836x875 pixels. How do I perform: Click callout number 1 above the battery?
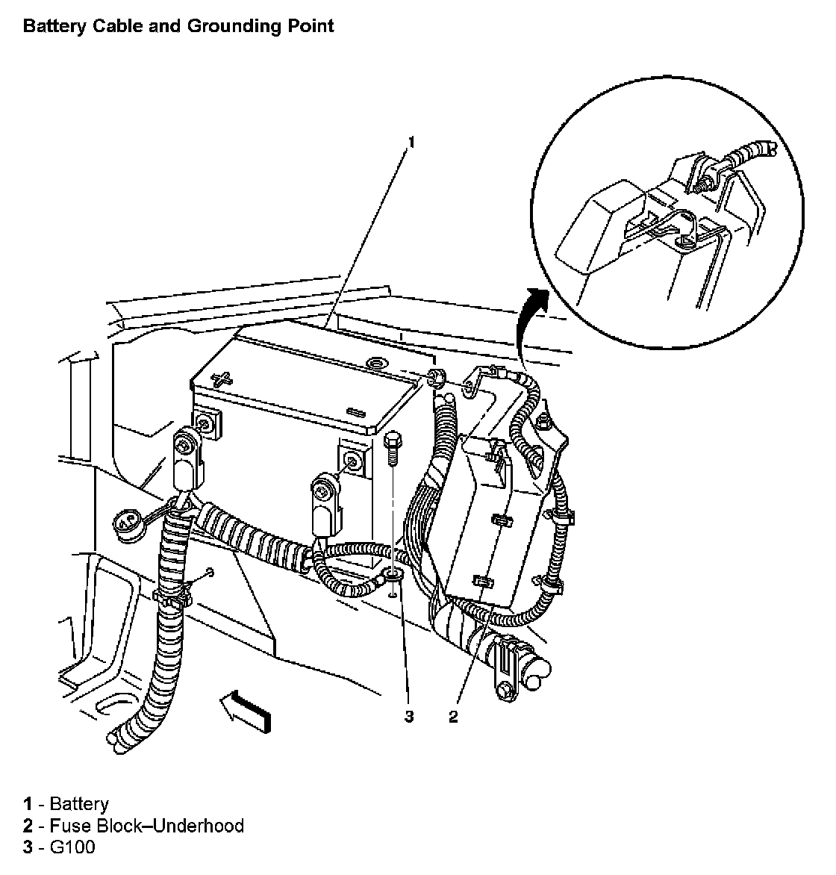tap(410, 140)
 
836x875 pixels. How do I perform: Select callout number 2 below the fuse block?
tap(453, 717)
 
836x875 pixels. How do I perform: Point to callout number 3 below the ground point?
tap(408, 717)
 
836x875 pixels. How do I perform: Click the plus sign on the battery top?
tap(222, 379)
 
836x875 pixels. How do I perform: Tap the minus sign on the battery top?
tap(357, 411)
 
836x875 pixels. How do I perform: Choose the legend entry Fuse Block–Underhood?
tap(146, 825)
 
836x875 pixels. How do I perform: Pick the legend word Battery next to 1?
tap(78, 803)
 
